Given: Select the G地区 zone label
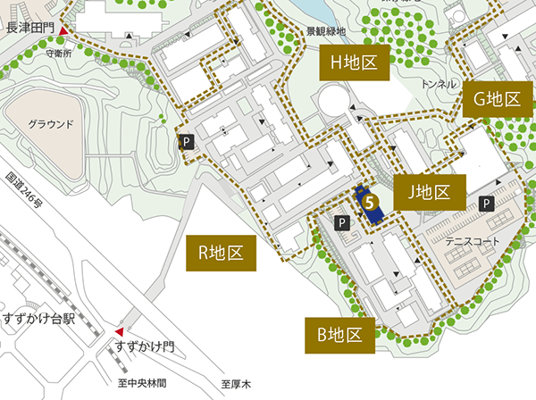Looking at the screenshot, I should pos(491,100).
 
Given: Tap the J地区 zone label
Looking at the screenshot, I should pos(428,191).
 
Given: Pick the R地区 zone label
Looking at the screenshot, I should pos(221,254).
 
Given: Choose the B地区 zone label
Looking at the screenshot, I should pos(339,336).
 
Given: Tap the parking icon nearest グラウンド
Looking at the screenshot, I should pos(187,141).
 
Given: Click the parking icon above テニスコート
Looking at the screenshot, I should pos(486,204).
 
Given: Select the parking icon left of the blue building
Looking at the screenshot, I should pos(339,221).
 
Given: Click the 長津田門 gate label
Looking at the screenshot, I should pos(30,29).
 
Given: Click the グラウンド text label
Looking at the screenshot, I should pos(50,124).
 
